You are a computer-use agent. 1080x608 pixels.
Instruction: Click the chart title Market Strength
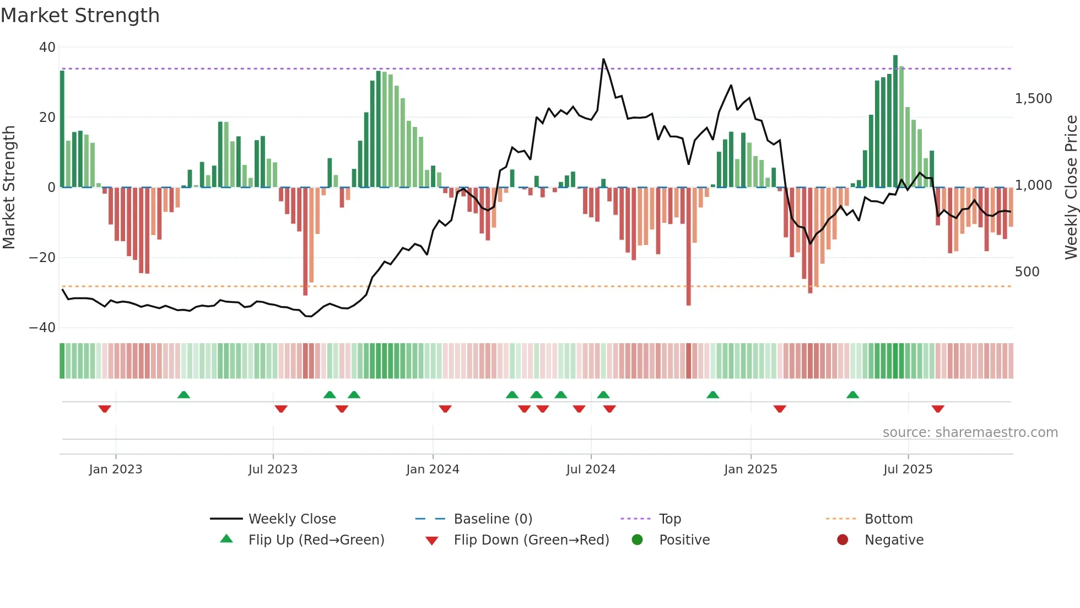point(80,15)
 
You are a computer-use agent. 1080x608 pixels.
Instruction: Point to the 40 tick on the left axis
point(47,47)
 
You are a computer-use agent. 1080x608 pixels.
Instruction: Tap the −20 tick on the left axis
point(42,258)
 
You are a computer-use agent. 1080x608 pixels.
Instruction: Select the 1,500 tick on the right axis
point(1033,99)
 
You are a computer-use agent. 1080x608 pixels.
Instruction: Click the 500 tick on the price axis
point(1027,272)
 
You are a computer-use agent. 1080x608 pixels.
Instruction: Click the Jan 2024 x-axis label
point(433,470)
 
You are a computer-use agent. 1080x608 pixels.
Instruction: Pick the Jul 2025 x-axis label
point(908,470)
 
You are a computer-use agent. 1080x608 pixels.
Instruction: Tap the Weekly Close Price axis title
point(1071,188)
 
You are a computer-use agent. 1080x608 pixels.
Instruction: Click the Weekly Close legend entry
point(291,519)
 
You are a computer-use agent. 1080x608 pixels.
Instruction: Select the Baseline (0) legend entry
point(493,519)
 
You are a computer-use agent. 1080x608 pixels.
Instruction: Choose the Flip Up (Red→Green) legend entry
point(316,540)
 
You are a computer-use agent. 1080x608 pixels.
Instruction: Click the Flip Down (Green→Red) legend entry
point(531,540)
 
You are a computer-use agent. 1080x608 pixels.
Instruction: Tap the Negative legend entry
point(893,540)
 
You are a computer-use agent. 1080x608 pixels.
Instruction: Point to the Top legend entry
point(669,519)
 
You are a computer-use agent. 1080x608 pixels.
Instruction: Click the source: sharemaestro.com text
point(970,433)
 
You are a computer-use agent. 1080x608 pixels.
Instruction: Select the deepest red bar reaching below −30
point(689,248)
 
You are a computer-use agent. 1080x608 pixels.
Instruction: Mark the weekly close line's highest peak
point(603,59)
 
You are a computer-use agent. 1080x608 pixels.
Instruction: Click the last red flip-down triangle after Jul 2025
point(938,409)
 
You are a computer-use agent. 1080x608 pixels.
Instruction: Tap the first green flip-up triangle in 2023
point(183,394)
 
